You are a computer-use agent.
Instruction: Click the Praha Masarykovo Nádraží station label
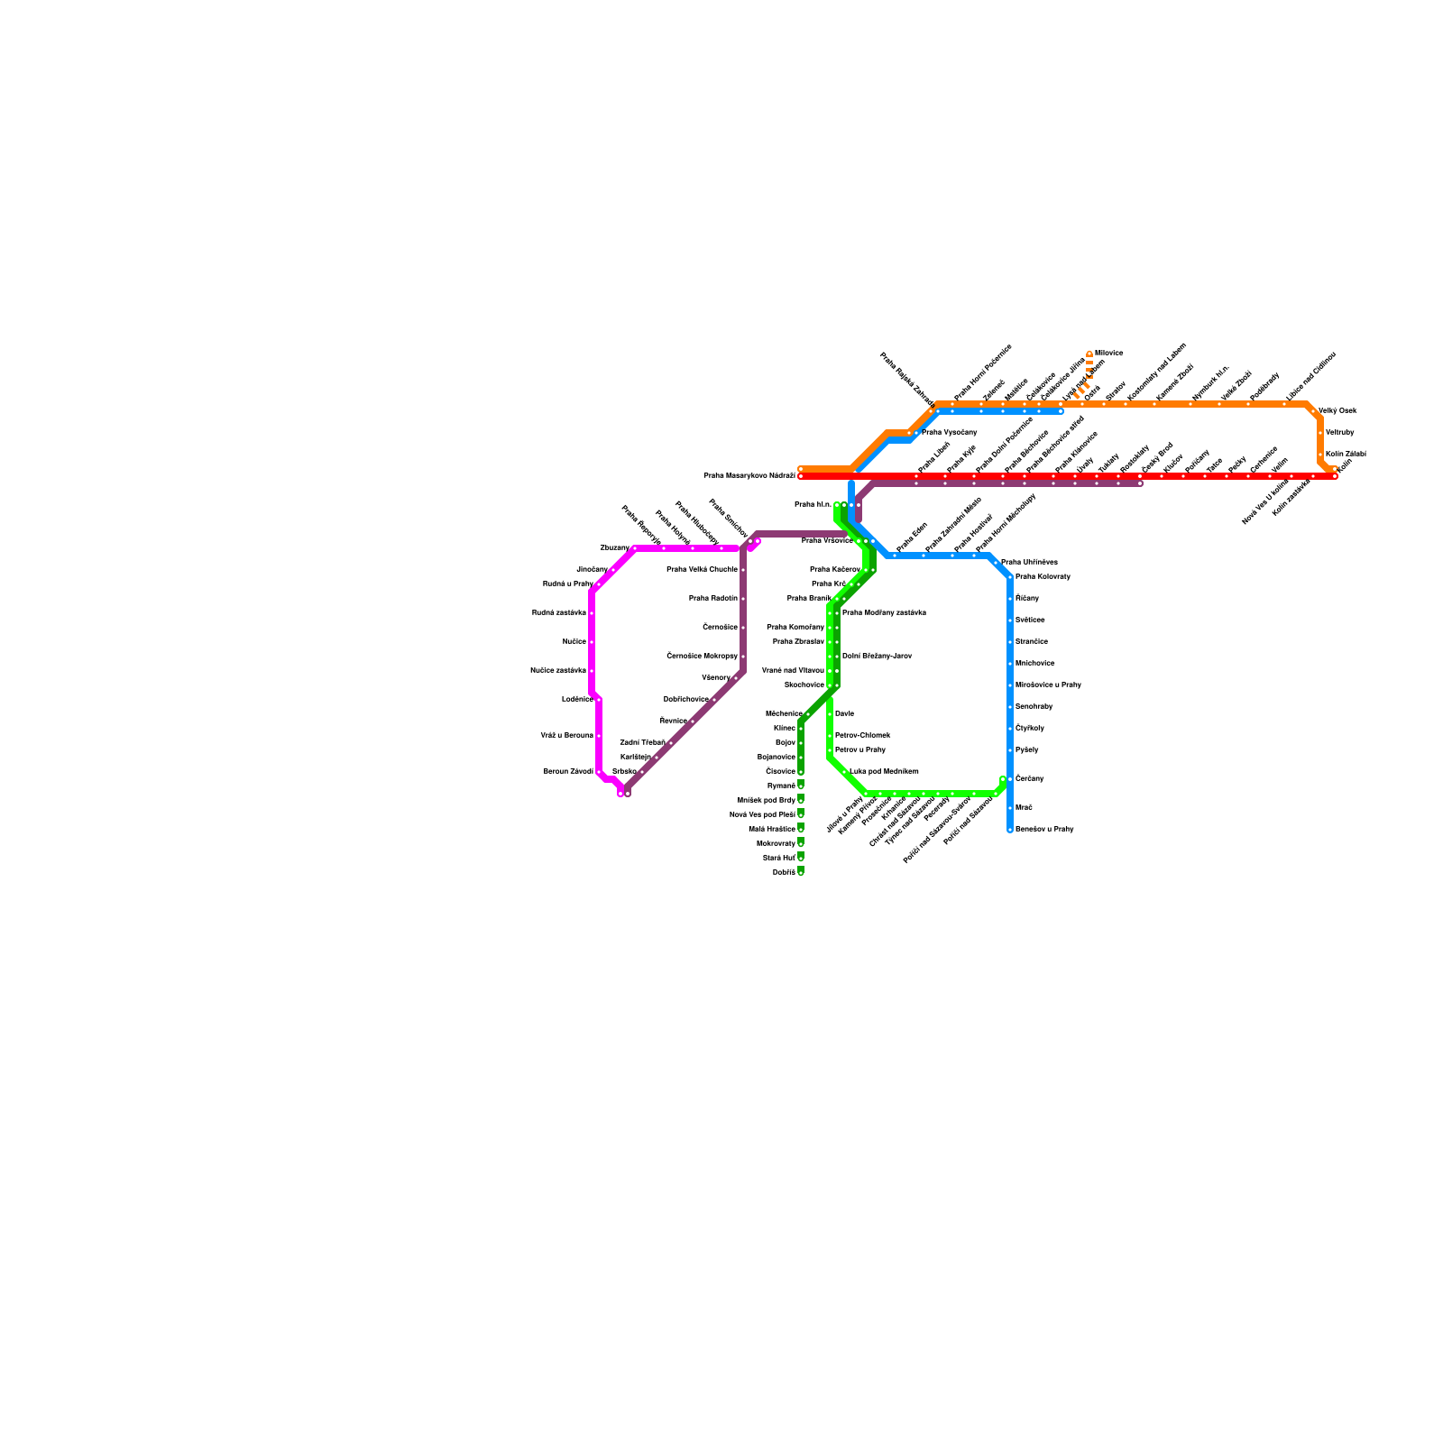749,475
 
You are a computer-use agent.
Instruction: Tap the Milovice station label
1108,353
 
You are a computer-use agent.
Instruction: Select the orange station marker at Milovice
1089,354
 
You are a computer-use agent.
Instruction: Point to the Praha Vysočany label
949,432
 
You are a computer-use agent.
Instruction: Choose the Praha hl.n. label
812,504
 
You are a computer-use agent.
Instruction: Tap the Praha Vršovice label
827,540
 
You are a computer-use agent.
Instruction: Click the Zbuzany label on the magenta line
614,547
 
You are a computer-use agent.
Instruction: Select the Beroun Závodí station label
568,771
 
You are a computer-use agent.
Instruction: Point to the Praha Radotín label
712,598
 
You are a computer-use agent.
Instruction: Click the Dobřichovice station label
685,699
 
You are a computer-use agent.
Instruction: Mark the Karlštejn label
635,757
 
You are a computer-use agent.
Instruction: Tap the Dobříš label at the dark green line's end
784,872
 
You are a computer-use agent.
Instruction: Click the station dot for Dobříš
801,872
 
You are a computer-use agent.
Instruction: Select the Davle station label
844,713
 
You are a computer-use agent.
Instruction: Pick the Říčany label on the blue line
1026,598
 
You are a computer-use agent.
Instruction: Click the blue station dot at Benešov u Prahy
1010,829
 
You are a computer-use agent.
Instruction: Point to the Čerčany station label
1029,778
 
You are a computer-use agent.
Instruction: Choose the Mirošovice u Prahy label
1047,685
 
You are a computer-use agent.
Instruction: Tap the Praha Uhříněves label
1029,562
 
